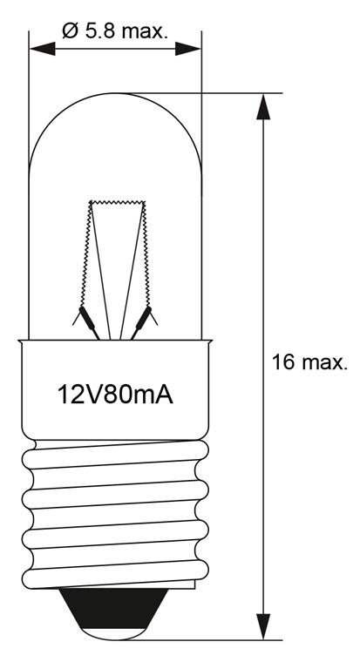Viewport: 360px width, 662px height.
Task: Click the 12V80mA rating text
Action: coord(116,395)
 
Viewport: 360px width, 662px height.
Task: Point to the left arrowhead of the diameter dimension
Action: coord(40,49)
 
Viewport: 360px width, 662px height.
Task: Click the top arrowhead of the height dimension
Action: coord(262,104)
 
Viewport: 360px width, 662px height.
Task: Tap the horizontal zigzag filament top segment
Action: coord(116,202)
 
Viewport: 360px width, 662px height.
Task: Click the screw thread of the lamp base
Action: coord(116,514)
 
